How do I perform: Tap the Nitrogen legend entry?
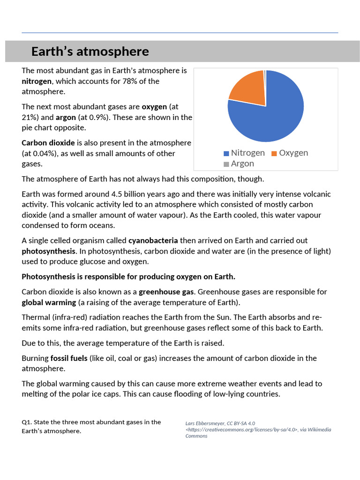pyautogui.click(x=244, y=153)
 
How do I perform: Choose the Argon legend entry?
pyautogui.click(x=239, y=164)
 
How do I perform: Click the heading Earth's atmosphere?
pyautogui.click(x=90, y=52)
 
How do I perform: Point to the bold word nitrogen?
pyautogui.click(x=37, y=81)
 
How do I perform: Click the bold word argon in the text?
pyautogui.click(x=66, y=117)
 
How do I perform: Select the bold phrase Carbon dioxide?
pyautogui.click(x=48, y=142)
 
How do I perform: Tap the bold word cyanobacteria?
pyautogui.click(x=153, y=240)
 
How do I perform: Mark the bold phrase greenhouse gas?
pyautogui.click(x=165, y=292)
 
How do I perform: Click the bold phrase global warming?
pyautogui.click(x=49, y=302)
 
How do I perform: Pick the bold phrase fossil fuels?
pyautogui.click(x=69, y=358)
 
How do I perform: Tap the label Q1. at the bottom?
pyautogui.click(x=27, y=422)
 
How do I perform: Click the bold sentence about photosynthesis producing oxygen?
pyautogui.click(x=128, y=276)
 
